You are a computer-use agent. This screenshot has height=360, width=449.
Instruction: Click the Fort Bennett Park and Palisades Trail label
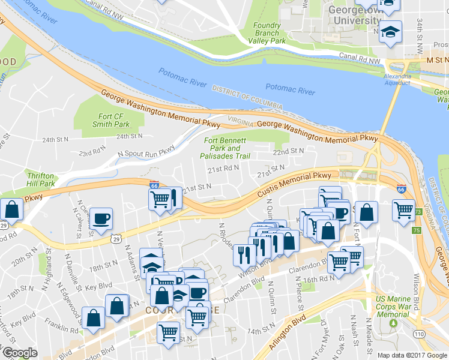click(x=226, y=148)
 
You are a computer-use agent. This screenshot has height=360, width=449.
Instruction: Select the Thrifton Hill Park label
click(x=41, y=179)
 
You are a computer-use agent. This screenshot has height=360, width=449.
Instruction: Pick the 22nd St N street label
click(x=288, y=151)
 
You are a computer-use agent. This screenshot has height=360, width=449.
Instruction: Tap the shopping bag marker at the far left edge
click(x=11, y=209)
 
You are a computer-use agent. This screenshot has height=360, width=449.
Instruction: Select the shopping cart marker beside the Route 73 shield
click(x=403, y=210)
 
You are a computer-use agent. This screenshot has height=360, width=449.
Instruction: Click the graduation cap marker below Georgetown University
click(x=391, y=31)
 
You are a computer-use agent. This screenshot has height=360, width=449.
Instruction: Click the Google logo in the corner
click(x=20, y=353)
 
